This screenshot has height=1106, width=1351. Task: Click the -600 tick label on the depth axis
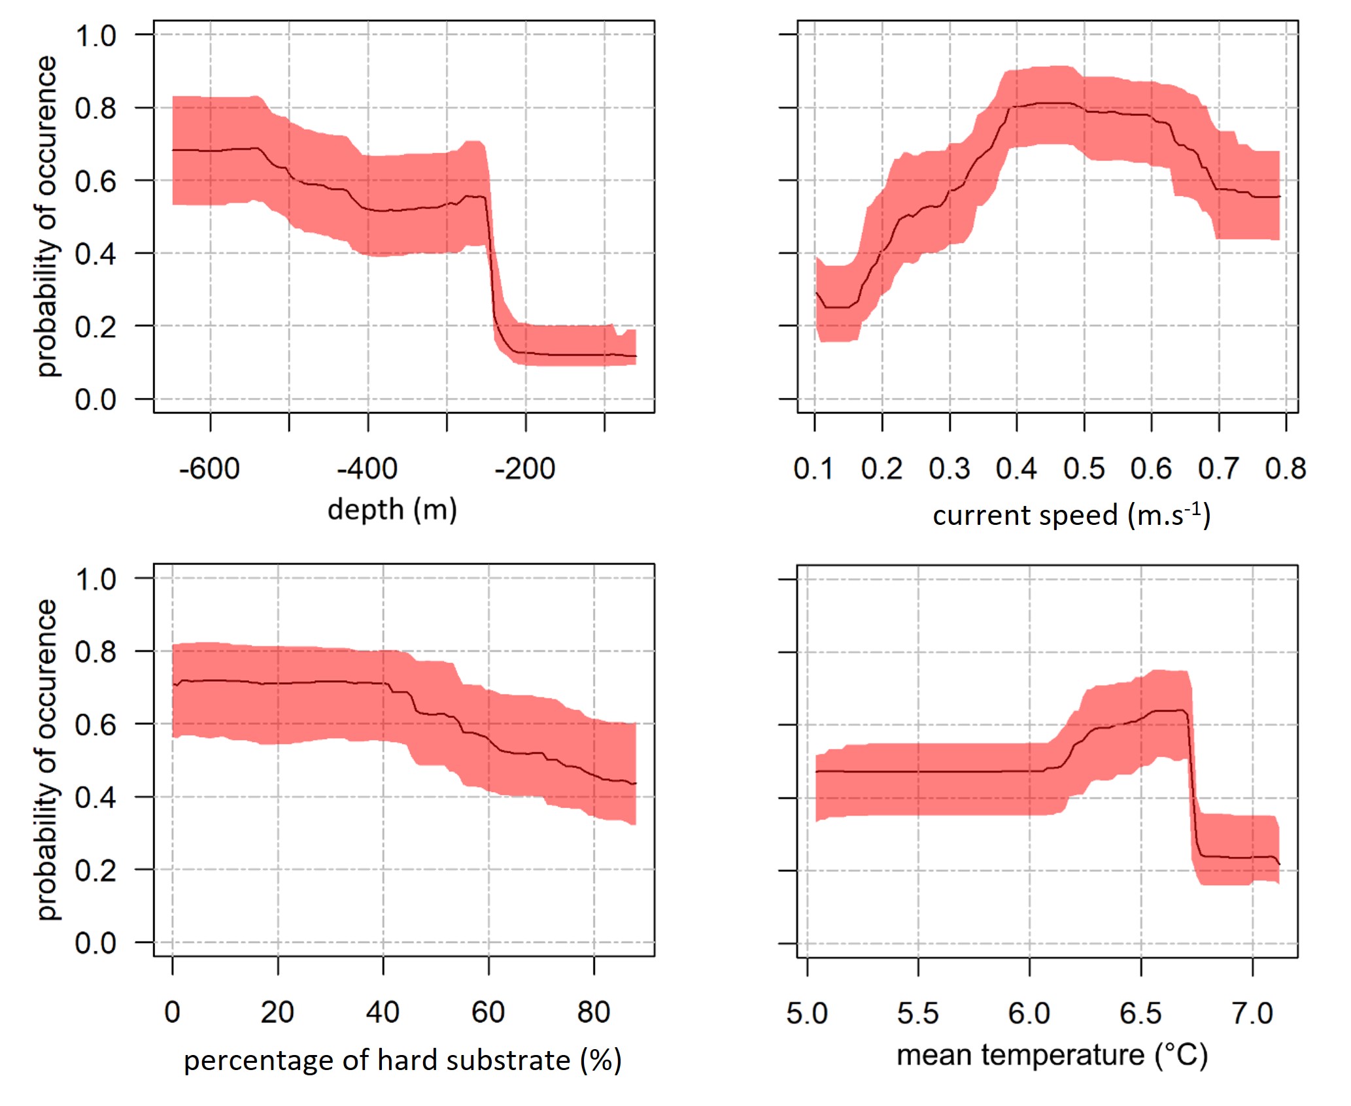pos(209,469)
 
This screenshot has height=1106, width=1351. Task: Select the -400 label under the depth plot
pos(367,469)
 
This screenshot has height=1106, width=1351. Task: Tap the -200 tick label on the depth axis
pos(524,469)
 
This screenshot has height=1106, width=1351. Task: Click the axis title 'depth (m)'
pos(392,509)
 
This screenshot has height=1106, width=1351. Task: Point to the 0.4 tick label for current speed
pos(1016,469)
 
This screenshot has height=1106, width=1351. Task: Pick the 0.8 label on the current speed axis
pos(1285,469)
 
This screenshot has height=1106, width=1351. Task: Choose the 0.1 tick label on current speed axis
pos(813,469)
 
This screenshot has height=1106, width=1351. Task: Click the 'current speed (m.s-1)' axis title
pos(1071,515)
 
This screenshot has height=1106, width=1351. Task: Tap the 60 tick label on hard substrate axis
pos(488,1013)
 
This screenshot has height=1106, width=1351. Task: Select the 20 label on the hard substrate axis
pos(277,1013)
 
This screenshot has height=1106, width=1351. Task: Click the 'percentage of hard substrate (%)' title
pos(402,1060)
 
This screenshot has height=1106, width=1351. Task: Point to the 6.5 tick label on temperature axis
pos(1140,1013)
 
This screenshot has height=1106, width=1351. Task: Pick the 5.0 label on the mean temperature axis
pos(807,1013)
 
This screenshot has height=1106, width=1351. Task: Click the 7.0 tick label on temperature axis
pos(1252,1013)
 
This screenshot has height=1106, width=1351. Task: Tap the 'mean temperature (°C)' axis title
pos(1052,1055)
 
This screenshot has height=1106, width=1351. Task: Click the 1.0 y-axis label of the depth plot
pos(95,36)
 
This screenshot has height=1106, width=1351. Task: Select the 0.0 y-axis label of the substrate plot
pos(95,943)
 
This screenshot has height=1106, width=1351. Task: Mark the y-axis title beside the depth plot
pos(47,216)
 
